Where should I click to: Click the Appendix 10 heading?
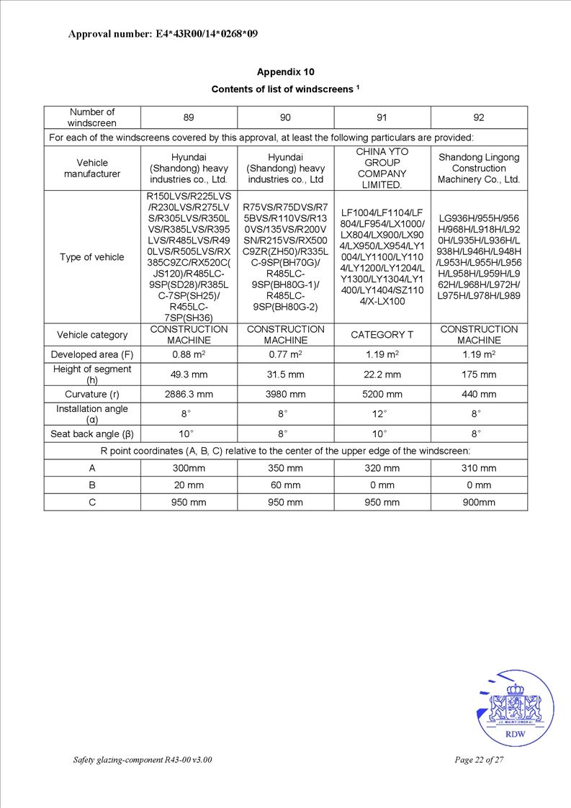(285, 72)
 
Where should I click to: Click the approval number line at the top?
(163, 34)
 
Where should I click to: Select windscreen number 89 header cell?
(189, 117)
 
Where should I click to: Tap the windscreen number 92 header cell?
(479, 117)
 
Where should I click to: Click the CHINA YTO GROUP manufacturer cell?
(382, 168)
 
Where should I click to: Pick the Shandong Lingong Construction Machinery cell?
(479, 168)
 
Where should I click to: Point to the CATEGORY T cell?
(382, 335)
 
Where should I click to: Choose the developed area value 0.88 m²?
(189, 354)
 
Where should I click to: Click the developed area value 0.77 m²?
(285, 354)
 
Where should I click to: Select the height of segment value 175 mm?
(479, 374)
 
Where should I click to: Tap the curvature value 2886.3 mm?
(189, 394)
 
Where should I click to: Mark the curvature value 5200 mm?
(382, 394)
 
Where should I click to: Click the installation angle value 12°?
(382, 414)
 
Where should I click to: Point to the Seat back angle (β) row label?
(92, 434)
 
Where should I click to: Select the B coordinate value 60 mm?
(285, 485)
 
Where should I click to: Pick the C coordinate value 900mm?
(479, 503)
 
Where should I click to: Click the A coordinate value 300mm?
(189, 468)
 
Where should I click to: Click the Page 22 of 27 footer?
(479, 760)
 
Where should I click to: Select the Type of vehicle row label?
(92, 257)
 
